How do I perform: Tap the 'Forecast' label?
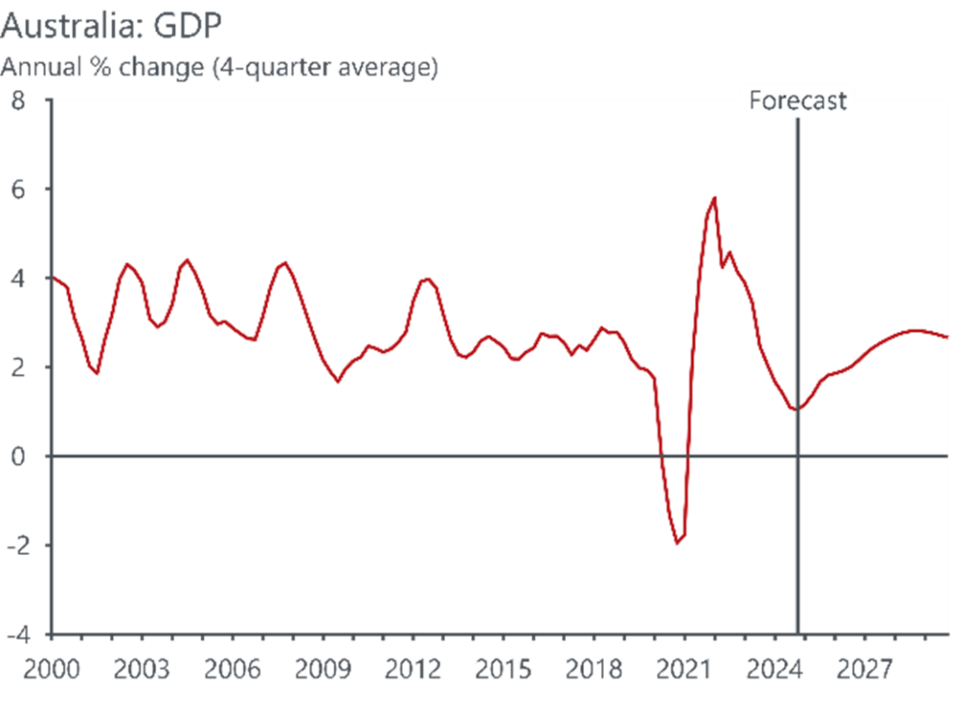tap(797, 101)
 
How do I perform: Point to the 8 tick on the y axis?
tap(19, 101)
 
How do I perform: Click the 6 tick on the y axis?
tap(19, 189)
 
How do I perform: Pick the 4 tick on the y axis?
tap(19, 278)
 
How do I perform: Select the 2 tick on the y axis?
tap(19, 367)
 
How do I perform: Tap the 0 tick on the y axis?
tap(19, 456)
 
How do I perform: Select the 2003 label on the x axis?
tap(140, 670)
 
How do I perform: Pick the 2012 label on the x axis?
tap(414, 670)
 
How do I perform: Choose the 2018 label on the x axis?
tap(596, 670)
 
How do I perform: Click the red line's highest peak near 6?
tap(715, 197)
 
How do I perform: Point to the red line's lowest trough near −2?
tap(677, 543)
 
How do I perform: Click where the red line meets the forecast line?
tap(797, 409)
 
